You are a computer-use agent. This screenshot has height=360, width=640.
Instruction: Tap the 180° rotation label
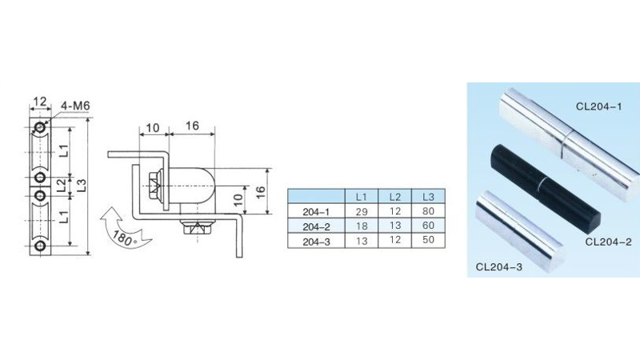[125, 238]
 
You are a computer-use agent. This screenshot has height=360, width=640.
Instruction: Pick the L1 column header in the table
[361, 197]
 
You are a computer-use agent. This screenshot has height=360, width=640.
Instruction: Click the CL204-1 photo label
[598, 106]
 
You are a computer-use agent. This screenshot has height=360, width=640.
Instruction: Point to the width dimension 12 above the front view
[38, 102]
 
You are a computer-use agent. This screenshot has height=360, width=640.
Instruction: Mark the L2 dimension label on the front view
[61, 184]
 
